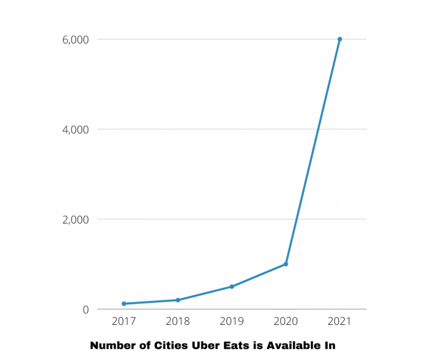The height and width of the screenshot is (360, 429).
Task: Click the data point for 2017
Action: [124, 304]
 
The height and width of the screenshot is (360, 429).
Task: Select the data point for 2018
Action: [178, 300]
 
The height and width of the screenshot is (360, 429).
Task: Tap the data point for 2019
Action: [232, 287]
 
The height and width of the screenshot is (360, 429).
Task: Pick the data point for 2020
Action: [286, 264]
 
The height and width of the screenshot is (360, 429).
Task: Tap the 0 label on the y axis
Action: [85, 310]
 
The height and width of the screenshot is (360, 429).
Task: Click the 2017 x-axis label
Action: [123, 321]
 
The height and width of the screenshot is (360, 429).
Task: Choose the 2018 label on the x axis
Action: [178, 321]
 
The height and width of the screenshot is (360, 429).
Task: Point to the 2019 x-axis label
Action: [232, 321]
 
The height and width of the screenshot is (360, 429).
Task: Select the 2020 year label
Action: [285, 321]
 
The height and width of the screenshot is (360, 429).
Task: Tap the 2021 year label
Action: [340, 321]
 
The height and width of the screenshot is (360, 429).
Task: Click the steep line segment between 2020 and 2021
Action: [313, 151]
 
